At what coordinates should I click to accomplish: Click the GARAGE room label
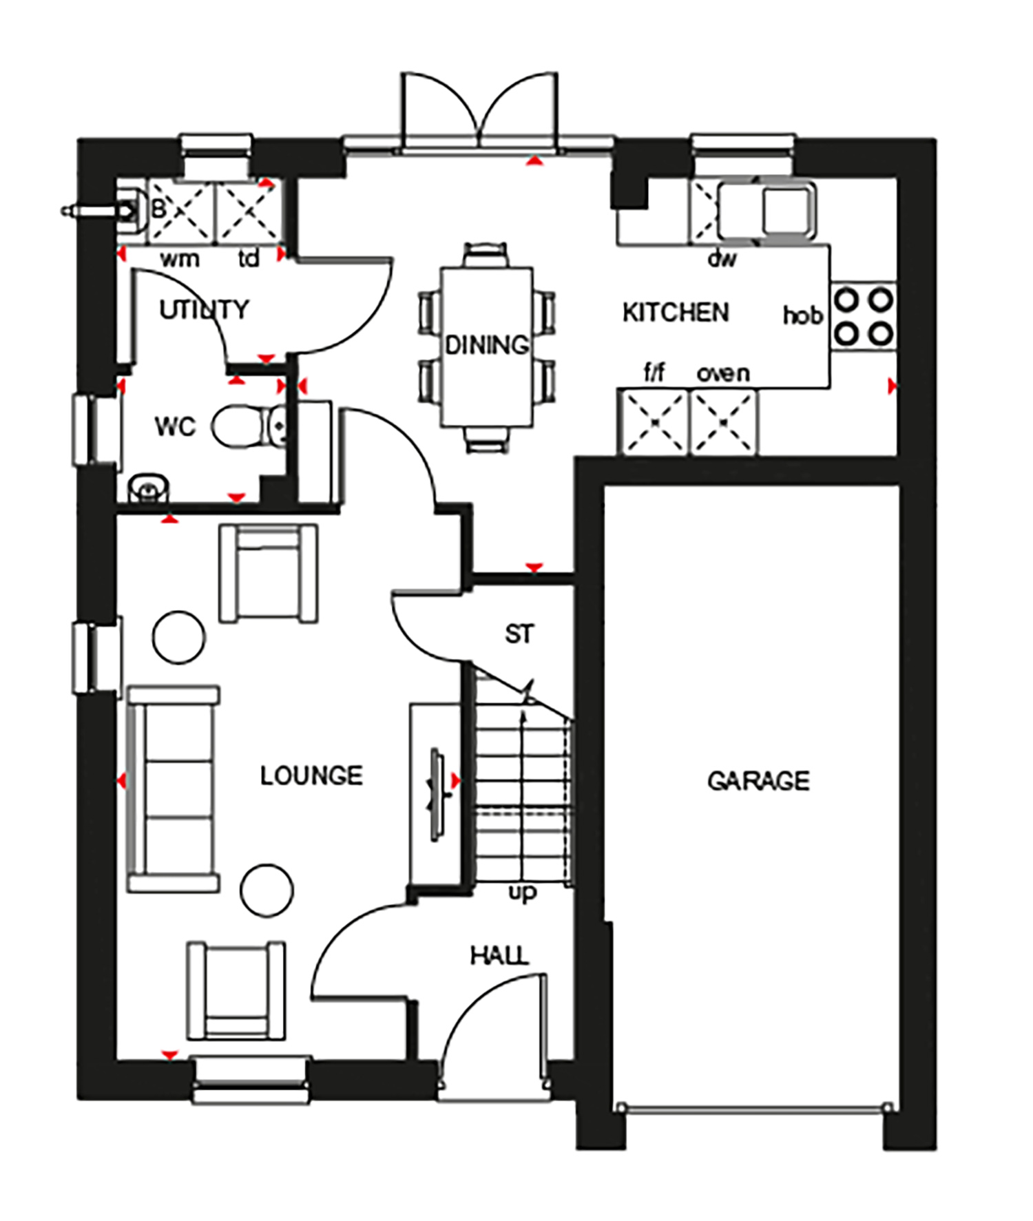point(758,781)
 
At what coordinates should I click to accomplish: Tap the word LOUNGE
point(311,776)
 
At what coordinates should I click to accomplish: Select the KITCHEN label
point(676,313)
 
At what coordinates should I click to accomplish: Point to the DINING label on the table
point(487,345)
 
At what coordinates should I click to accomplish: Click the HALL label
point(499,955)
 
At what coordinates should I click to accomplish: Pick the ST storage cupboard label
point(519,634)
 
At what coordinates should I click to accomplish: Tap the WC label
point(175,427)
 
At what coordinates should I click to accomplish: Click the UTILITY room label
point(204,310)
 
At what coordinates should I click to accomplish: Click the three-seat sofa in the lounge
point(174,789)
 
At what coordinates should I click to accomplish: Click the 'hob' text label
point(803,315)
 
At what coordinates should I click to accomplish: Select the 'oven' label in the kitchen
point(723,373)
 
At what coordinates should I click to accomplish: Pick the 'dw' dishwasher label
point(722,258)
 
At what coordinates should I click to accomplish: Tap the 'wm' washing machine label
point(180,259)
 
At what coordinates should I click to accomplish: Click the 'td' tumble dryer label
point(249,258)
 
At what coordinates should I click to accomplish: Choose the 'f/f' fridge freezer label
point(654,373)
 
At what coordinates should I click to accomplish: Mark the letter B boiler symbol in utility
point(159,208)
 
